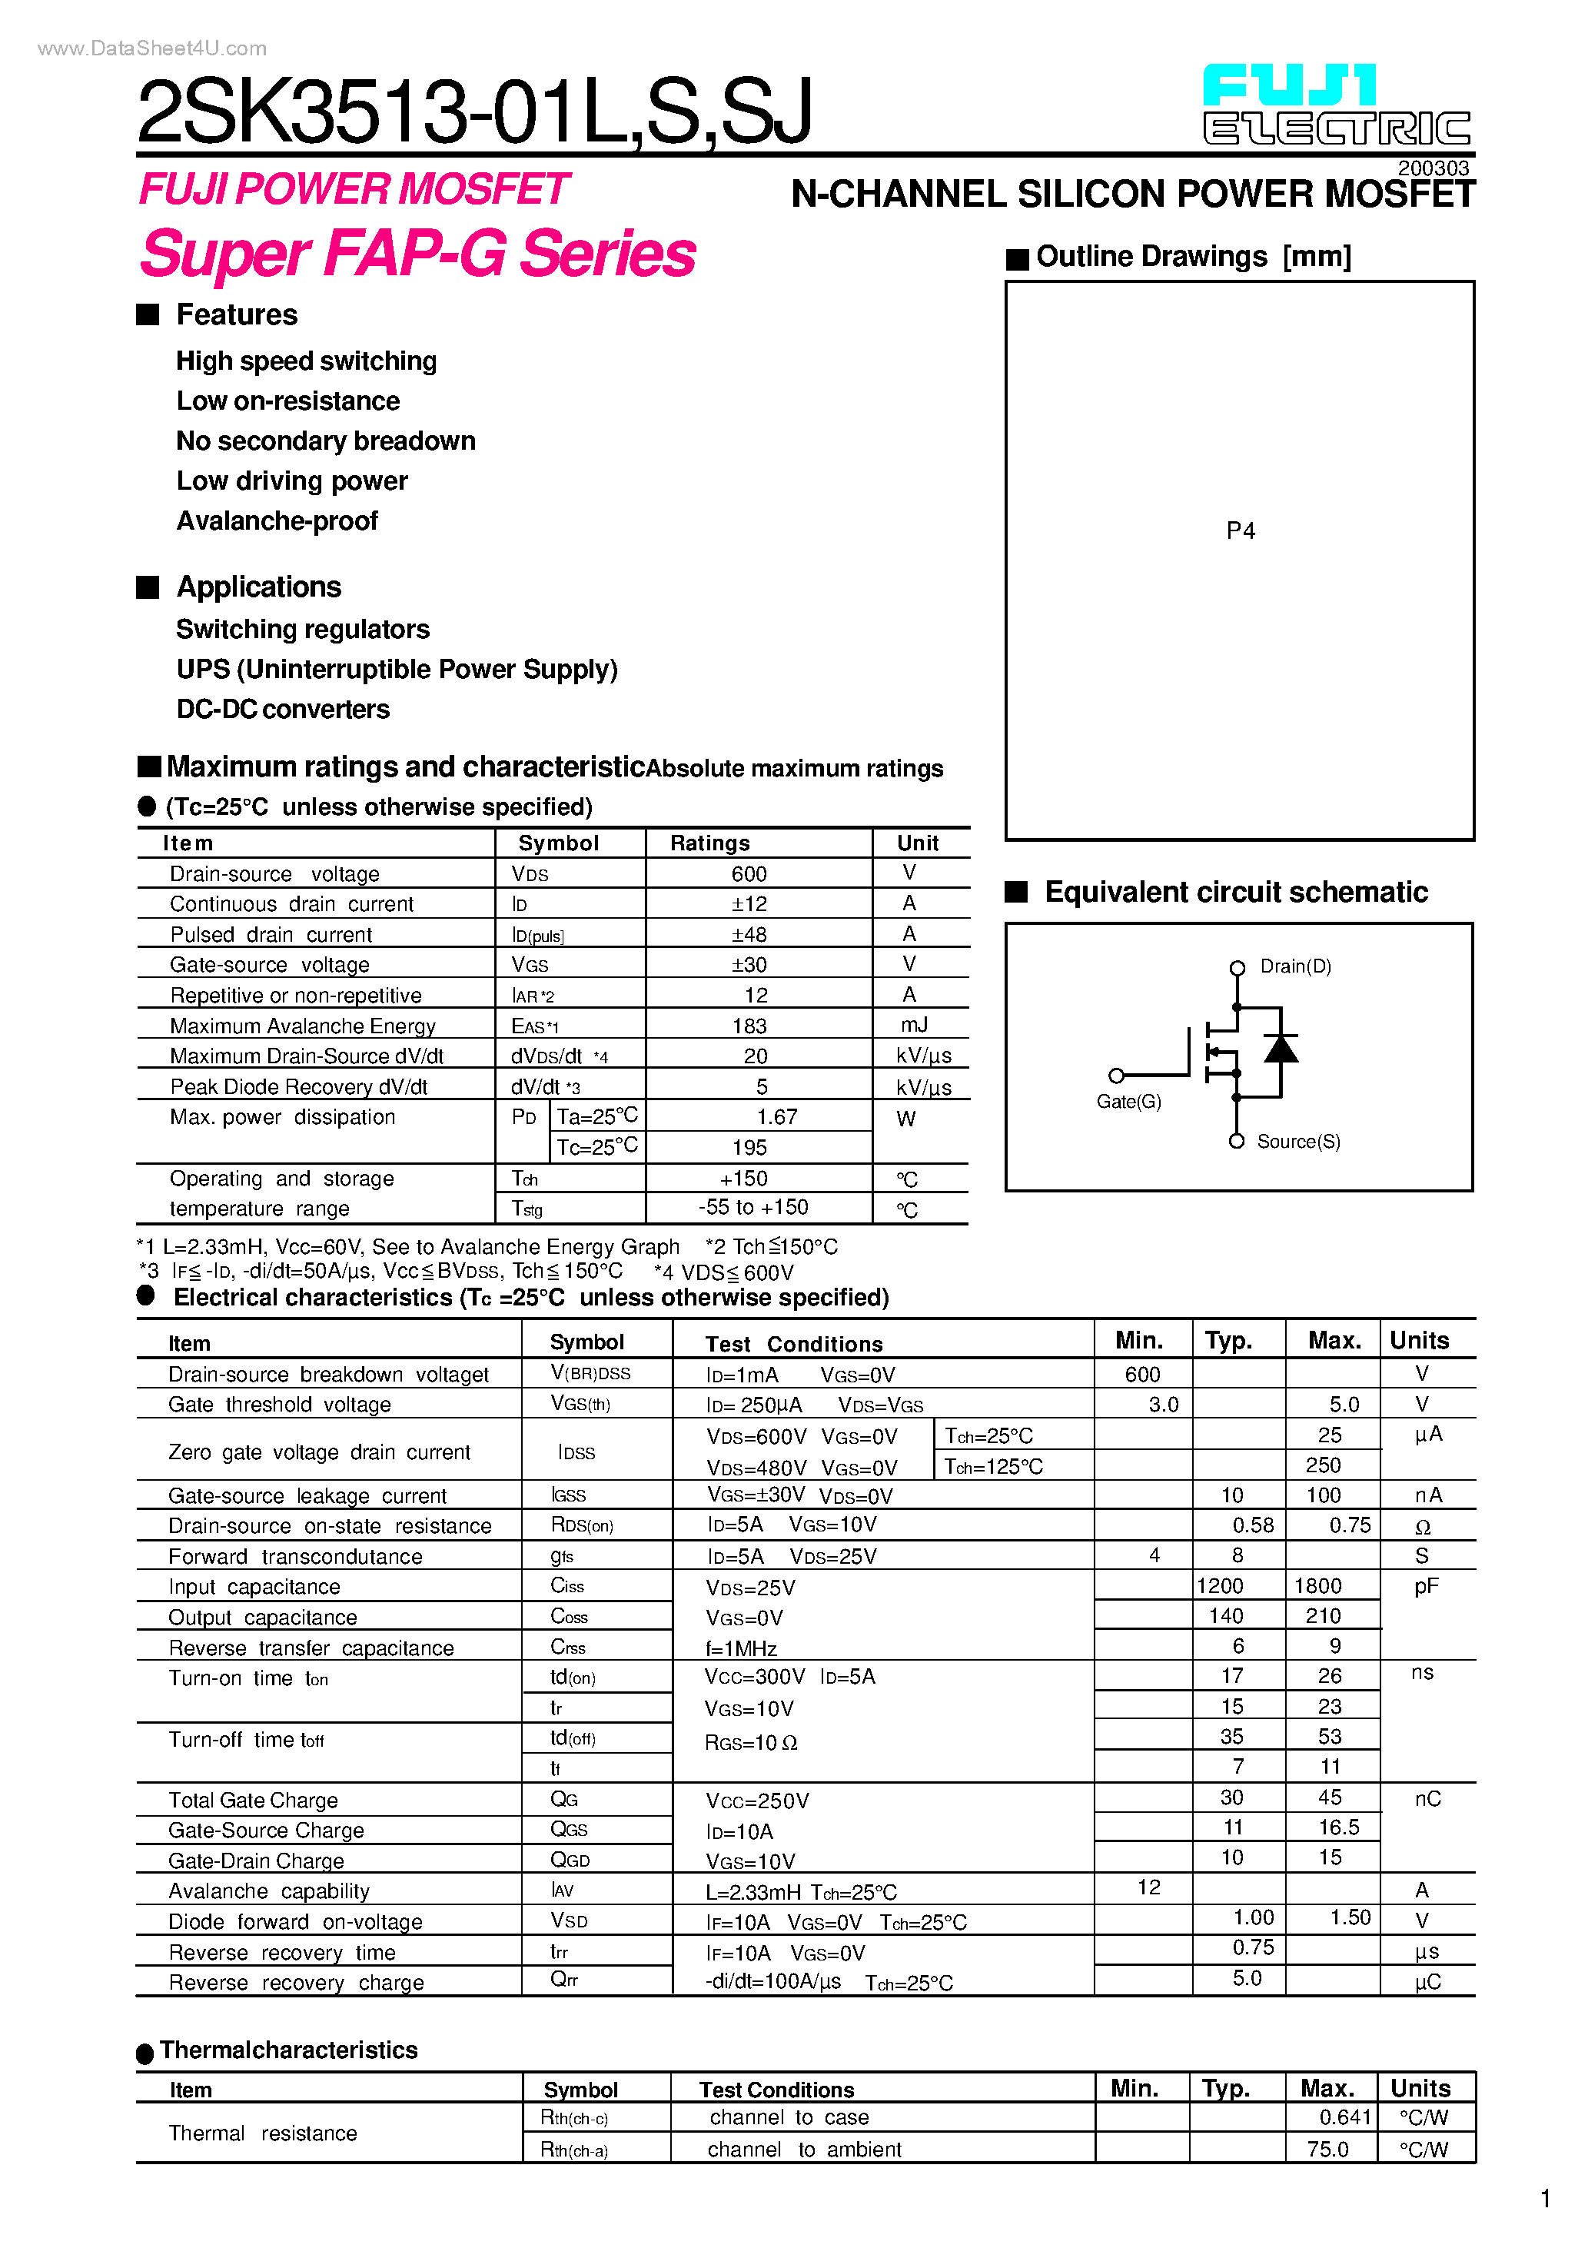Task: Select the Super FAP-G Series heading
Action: (418, 254)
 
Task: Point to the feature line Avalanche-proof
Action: (277, 521)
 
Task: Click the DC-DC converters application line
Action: (283, 709)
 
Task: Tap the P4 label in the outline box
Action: (1241, 530)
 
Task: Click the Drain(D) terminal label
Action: (1295, 966)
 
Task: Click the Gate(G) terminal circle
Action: (1116, 1075)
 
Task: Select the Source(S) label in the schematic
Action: (1298, 1142)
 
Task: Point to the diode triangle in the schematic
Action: (1281, 1049)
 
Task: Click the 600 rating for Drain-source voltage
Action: (749, 873)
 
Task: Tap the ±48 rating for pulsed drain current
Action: (749, 934)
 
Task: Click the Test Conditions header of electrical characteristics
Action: (794, 1343)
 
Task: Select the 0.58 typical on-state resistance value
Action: (1253, 1525)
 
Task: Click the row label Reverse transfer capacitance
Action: (311, 1648)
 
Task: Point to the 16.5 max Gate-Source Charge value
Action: (1338, 1827)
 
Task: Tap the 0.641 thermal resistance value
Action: (1344, 2117)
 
